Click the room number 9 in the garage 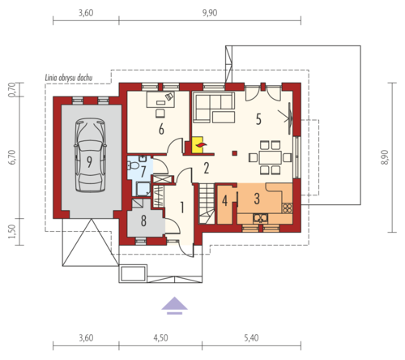89,161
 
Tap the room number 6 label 161,129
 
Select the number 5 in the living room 258,119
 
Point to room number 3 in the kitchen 257,199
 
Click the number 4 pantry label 224,201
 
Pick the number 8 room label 143,221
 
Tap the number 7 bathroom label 143,171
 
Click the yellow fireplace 198,144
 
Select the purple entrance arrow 175,306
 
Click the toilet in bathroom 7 133,165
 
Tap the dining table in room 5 270,157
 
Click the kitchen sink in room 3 261,218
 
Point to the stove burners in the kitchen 287,208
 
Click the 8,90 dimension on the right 385,157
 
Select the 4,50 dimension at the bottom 160,338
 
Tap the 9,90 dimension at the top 210,13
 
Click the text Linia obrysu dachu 69,78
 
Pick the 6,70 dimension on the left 13,157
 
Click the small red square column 235,153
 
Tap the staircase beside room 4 207,204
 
